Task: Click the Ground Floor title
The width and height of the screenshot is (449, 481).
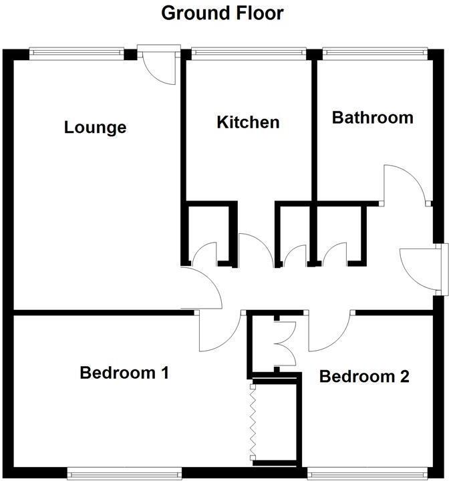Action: tap(222, 13)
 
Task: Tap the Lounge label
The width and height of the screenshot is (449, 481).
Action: tap(95, 127)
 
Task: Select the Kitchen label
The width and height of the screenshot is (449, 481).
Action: tap(248, 122)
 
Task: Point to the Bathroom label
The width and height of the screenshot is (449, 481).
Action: tap(372, 118)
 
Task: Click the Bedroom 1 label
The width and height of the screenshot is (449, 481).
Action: tap(123, 372)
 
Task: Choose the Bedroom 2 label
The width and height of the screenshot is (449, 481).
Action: tap(363, 376)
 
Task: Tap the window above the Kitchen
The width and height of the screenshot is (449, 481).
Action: tap(248, 50)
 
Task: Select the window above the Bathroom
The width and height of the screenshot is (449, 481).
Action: tap(373, 50)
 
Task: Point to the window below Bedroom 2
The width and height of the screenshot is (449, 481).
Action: tap(365, 474)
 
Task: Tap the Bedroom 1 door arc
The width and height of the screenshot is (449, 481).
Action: tap(219, 332)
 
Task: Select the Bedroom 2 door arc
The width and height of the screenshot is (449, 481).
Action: tap(329, 332)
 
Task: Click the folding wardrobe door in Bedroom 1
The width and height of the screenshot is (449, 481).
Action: tap(252, 422)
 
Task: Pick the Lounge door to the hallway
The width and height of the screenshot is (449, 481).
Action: tap(202, 287)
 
